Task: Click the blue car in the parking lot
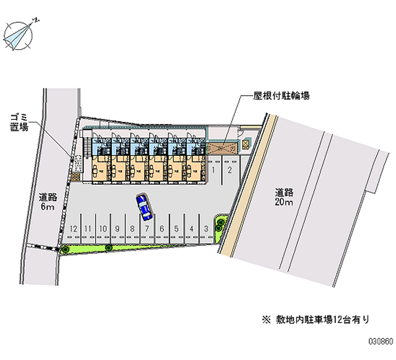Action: point(144,207)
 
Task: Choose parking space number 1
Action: point(214,170)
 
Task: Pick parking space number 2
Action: point(229,170)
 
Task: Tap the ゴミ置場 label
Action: point(20,122)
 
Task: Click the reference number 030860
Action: point(380,342)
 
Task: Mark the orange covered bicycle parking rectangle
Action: point(222,147)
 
